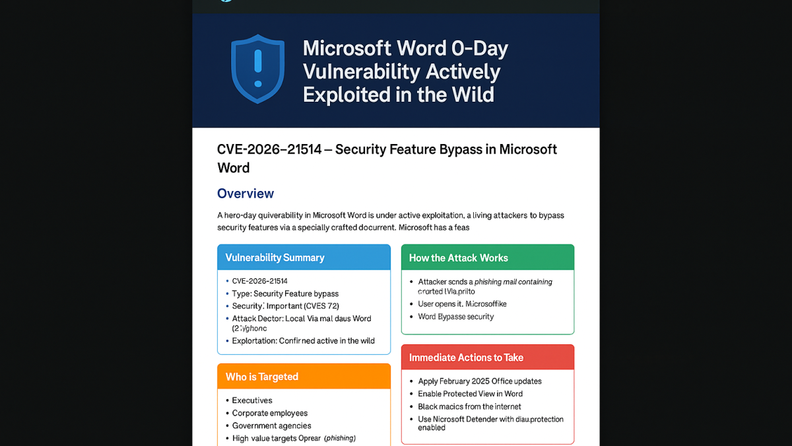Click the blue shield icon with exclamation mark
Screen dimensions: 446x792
pos(257,69)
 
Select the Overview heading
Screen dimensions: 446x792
pos(246,194)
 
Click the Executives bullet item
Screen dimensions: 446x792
pos(252,400)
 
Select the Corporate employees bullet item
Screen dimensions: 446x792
pos(270,413)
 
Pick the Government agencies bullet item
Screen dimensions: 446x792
pos(271,426)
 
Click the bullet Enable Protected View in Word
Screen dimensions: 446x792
pos(470,394)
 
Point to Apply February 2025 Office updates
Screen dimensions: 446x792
pos(480,381)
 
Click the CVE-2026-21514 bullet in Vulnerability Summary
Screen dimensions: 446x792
pos(260,281)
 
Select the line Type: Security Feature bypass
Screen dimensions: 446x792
pos(285,293)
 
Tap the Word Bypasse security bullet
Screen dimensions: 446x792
pos(455,316)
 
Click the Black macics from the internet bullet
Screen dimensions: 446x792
pos(469,406)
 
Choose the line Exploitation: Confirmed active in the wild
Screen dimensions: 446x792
pos(303,341)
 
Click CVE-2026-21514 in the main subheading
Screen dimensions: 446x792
pos(269,150)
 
